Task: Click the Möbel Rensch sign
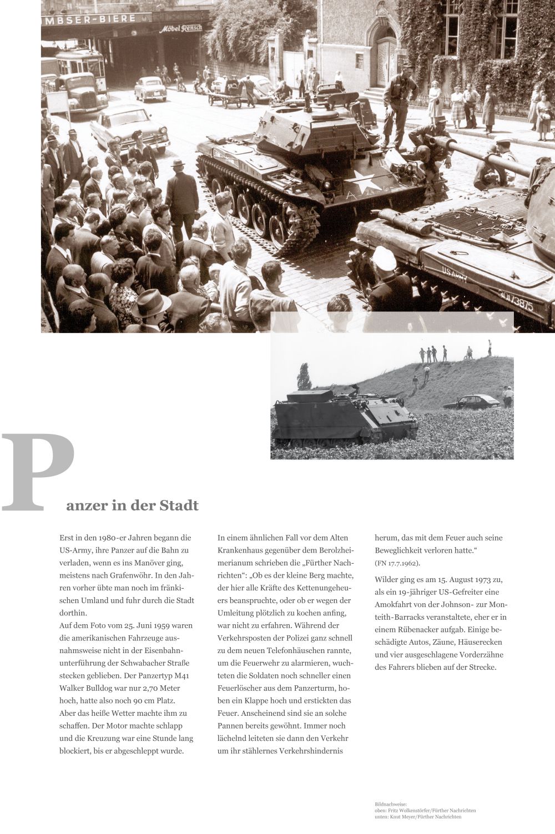tap(181, 28)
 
